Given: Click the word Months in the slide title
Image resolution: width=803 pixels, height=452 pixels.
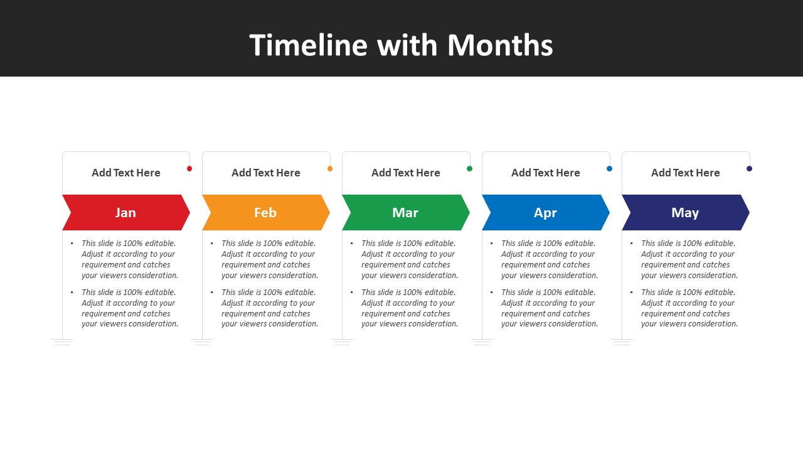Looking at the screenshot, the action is (500, 45).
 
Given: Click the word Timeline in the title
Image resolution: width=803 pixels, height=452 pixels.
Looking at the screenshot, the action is (309, 45).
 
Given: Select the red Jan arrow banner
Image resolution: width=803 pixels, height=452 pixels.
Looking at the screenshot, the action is (126, 212).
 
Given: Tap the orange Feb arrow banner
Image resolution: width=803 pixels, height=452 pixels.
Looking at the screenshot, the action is (266, 212).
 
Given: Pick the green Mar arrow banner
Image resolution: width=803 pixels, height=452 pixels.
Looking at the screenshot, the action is (406, 212).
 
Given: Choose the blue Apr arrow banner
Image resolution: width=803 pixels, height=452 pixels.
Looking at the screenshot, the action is (546, 212).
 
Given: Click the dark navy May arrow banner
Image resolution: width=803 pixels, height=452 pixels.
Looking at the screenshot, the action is (686, 212).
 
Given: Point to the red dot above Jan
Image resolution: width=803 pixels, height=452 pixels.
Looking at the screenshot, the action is (189, 169).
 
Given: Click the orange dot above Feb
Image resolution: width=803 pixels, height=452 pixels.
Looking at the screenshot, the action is (330, 169).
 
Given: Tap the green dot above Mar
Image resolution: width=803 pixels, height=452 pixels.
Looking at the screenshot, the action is (470, 169).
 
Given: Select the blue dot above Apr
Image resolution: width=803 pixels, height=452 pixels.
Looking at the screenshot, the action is (609, 169).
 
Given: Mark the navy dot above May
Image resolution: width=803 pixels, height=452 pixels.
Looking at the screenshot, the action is (749, 169).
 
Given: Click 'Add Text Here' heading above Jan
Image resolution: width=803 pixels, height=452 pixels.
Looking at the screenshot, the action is (126, 173).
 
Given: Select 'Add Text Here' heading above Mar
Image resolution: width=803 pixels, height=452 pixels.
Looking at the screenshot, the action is (405, 173).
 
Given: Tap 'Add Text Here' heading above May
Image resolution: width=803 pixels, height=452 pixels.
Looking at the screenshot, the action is (686, 173).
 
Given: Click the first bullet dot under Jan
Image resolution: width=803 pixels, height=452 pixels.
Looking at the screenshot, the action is (72, 243).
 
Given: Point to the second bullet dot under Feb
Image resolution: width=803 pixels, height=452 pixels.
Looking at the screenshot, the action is (212, 293).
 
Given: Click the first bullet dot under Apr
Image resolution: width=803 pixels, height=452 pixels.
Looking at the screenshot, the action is (491, 243).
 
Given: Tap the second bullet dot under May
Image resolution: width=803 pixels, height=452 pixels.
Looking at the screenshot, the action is (631, 293).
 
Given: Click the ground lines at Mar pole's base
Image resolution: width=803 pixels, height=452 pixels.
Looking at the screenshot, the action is (342, 342).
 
